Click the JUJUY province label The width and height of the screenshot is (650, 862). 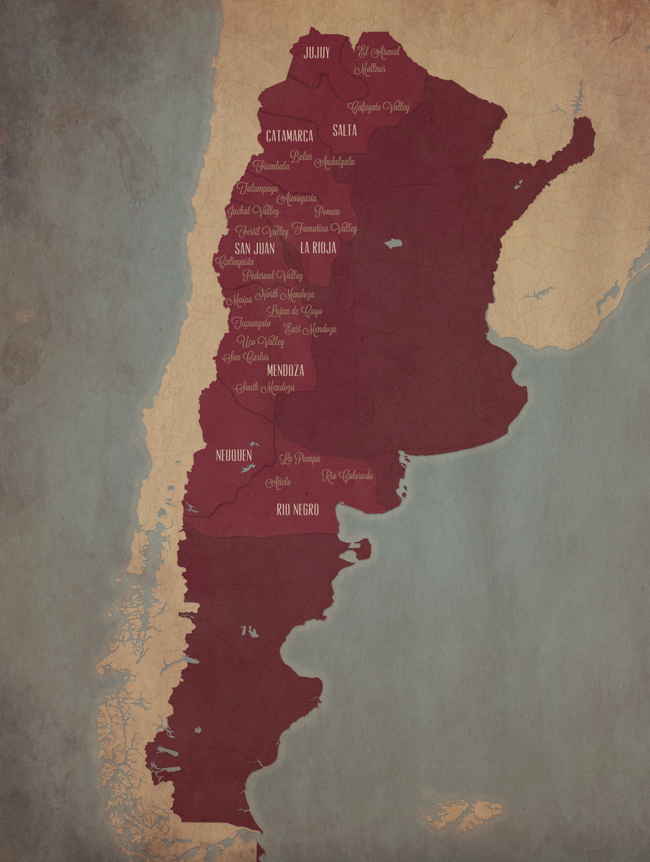317,53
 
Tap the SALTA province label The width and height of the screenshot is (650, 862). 344,131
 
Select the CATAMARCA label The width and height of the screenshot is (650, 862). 290,136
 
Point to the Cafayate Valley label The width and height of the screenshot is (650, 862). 379,107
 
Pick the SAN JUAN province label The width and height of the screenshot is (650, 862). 254,249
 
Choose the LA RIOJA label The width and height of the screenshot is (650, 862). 318,248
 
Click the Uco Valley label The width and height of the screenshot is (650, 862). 260,342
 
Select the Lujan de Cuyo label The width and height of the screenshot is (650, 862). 294,311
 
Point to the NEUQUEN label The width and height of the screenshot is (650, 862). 234,455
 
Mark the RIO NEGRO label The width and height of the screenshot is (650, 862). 298,509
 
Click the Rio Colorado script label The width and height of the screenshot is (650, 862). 347,476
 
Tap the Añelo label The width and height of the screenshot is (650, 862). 278,482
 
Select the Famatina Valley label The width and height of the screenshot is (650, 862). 324,228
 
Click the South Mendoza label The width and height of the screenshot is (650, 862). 265,388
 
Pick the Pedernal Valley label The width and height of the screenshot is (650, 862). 273,276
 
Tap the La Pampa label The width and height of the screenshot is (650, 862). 300,459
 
